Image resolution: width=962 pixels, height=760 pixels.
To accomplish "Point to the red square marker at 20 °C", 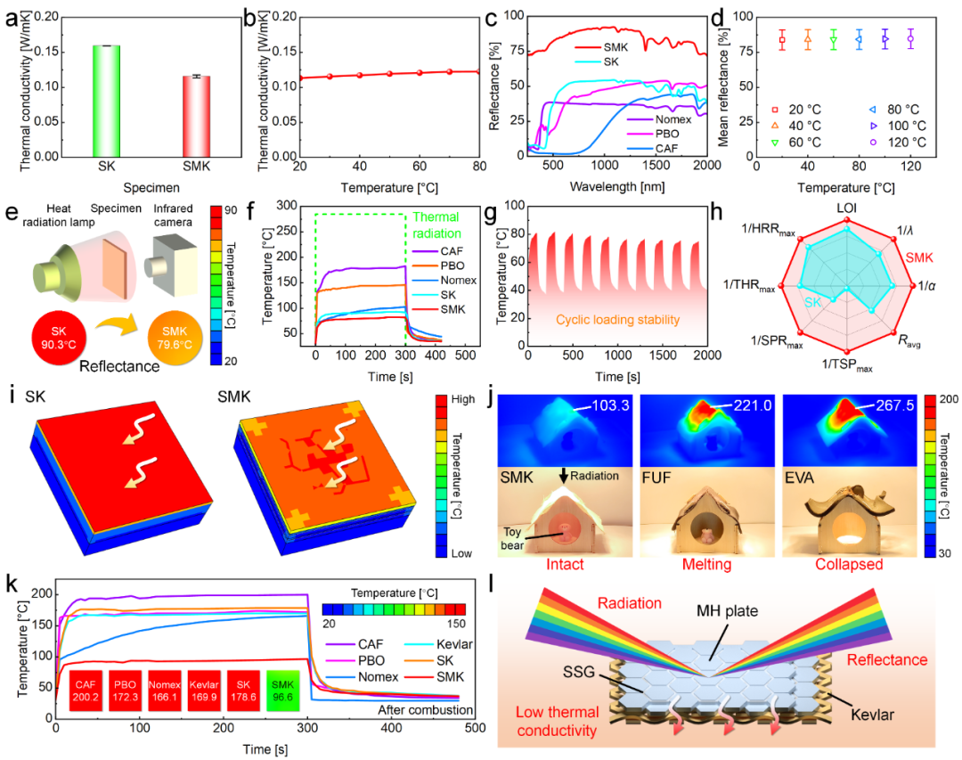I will [782, 39].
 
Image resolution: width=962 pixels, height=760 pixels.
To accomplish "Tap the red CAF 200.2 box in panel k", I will [86, 691].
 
